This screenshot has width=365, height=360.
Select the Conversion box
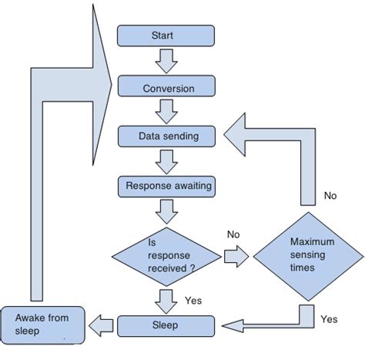click(x=168, y=87)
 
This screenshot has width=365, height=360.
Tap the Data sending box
click(x=168, y=136)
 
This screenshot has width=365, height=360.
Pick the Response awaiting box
click(x=168, y=186)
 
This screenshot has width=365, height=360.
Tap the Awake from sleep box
click(x=39, y=324)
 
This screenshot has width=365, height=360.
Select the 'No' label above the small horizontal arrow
click(x=234, y=233)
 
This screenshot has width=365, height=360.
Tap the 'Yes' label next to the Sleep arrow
click(x=193, y=299)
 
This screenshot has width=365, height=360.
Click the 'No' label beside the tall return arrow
click(x=330, y=196)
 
